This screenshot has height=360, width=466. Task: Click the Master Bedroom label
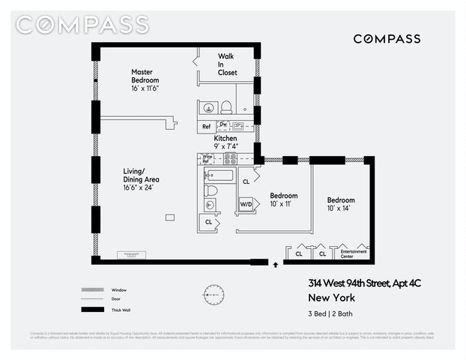145,76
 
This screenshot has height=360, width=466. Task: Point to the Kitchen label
226,139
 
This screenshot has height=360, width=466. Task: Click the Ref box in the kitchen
206,127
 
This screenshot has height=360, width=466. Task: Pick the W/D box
246,203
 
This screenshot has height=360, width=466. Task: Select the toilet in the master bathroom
226,106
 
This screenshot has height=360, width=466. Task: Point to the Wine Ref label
208,158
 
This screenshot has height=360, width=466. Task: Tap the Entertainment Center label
354,254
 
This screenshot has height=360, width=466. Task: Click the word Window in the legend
118,289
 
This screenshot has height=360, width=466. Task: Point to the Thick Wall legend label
121,309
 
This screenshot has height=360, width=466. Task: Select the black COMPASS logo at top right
387,38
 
